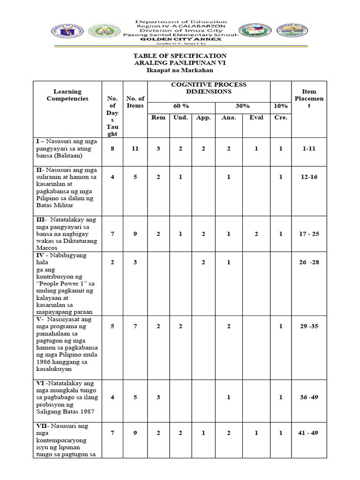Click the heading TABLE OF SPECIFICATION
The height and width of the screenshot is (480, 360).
(x=180, y=56)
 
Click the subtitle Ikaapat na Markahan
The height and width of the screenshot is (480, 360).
(x=180, y=70)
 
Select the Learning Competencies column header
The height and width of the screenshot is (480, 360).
(x=67, y=95)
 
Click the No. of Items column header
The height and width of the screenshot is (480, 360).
(x=135, y=102)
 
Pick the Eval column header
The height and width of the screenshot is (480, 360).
(x=256, y=118)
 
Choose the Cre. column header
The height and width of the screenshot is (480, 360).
(x=281, y=118)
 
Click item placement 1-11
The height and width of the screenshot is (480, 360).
(x=309, y=149)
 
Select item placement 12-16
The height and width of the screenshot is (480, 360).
(x=309, y=177)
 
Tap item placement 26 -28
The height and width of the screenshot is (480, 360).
(x=309, y=262)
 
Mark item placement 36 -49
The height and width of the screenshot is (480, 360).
(x=309, y=397)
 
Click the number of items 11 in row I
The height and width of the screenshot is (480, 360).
(x=135, y=149)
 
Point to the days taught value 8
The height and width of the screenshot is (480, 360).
(x=112, y=149)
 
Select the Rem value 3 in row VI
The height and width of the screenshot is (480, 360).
(x=158, y=397)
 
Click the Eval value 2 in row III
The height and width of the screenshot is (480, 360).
(x=256, y=234)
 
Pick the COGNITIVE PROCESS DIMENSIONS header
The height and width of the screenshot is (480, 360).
(x=209, y=88)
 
